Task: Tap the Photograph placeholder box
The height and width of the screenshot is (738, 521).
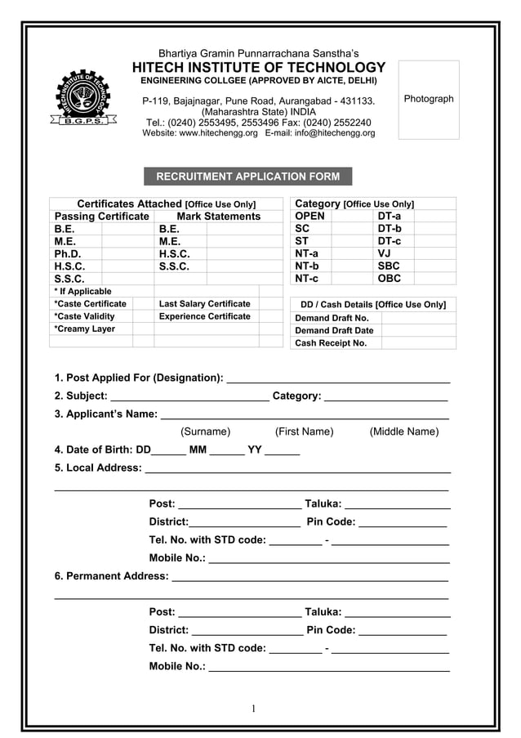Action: [x=429, y=99]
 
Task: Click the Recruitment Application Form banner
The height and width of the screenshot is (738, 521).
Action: [x=247, y=177]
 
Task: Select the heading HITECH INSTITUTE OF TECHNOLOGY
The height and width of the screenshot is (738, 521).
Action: [x=259, y=68]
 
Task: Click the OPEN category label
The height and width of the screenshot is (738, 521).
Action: [x=309, y=217]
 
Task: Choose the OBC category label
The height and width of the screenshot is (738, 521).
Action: [x=390, y=279]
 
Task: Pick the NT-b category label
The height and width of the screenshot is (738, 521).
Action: [x=307, y=266]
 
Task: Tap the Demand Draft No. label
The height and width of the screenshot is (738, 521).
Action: [x=332, y=318]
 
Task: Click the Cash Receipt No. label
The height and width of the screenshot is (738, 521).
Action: [x=330, y=343]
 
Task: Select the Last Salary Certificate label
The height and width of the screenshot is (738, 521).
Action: [x=204, y=304]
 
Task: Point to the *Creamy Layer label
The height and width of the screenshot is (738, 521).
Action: [x=84, y=329]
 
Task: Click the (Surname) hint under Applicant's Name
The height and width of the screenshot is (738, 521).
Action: [x=205, y=432]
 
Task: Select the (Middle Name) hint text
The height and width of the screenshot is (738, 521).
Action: [x=403, y=432]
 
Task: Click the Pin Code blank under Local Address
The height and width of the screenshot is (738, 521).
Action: [x=403, y=523]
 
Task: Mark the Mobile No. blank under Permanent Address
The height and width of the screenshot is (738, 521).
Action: [x=329, y=667]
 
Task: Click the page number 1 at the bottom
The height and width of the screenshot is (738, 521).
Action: [x=254, y=709]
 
